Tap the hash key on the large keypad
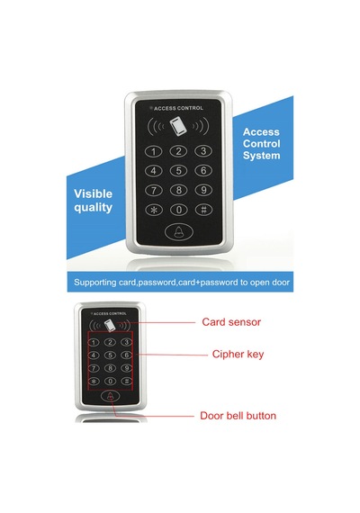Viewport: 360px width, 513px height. point(203,210)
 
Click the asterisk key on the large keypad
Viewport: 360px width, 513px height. point(154,210)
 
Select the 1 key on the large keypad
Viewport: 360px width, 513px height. point(154,151)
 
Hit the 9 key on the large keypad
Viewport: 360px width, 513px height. point(203,190)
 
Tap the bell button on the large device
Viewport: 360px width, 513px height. point(179,231)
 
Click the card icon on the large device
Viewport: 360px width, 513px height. point(177,126)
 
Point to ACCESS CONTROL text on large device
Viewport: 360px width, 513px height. point(178,108)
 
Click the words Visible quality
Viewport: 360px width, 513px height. point(94,201)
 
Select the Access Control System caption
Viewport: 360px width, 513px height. point(262,144)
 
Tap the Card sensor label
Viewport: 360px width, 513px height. point(231,322)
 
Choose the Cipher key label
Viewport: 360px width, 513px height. point(238,354)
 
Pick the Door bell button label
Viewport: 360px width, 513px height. point(238,416)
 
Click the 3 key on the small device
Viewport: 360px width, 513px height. point(126,342)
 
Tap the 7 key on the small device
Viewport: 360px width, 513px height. point(94,368)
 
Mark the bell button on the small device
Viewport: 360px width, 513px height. point(111,396)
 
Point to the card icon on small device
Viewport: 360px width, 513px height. point(110,326)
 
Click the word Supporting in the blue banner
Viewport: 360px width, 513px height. point(95,283)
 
